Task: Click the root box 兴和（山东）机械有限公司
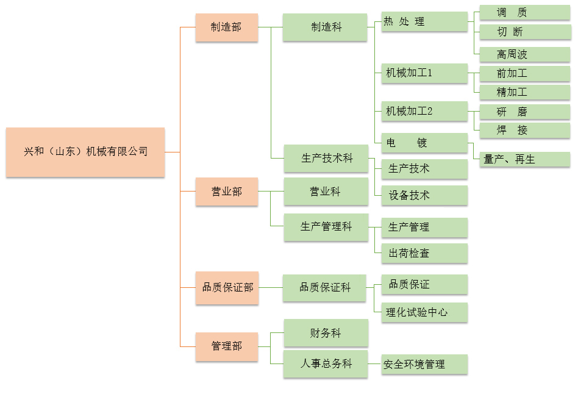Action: pos(85,152)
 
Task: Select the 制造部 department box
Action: pos(226,27)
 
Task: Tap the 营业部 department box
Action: pos(226,192)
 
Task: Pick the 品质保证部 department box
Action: pos(226,287)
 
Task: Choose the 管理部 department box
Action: pos(226,346)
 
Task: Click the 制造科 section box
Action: pos(325,27)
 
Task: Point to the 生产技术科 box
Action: pos(326,159)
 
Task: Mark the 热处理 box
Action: pos(424,22)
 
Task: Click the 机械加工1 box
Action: pos(424,73)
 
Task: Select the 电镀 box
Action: pos(424,143)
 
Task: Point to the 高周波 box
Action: pos(525,54)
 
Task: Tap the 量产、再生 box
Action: pos(525,159)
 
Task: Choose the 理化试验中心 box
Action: pos(424,312)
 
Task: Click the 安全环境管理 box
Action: pos(424,364)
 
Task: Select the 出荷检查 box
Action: pos(424,253)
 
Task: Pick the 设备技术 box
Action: pos(424,195)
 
